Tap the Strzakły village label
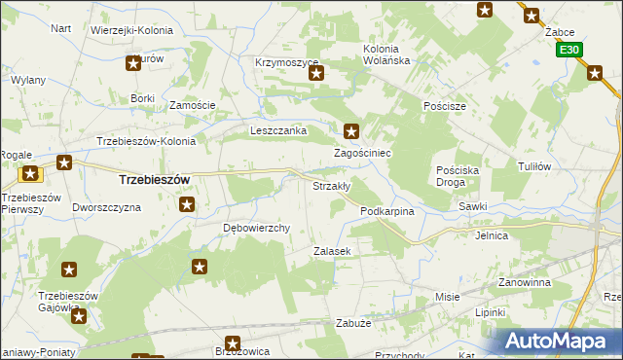tap(330, 185)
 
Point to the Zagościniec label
tap(362, 153)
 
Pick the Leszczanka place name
tap(278, 129)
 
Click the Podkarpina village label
tap(387, 210)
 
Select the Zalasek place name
tap(331, 250)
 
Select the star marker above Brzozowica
tap(233, 342)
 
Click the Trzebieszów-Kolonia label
tap(146, 140)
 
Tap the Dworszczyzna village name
tap(107, 207)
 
